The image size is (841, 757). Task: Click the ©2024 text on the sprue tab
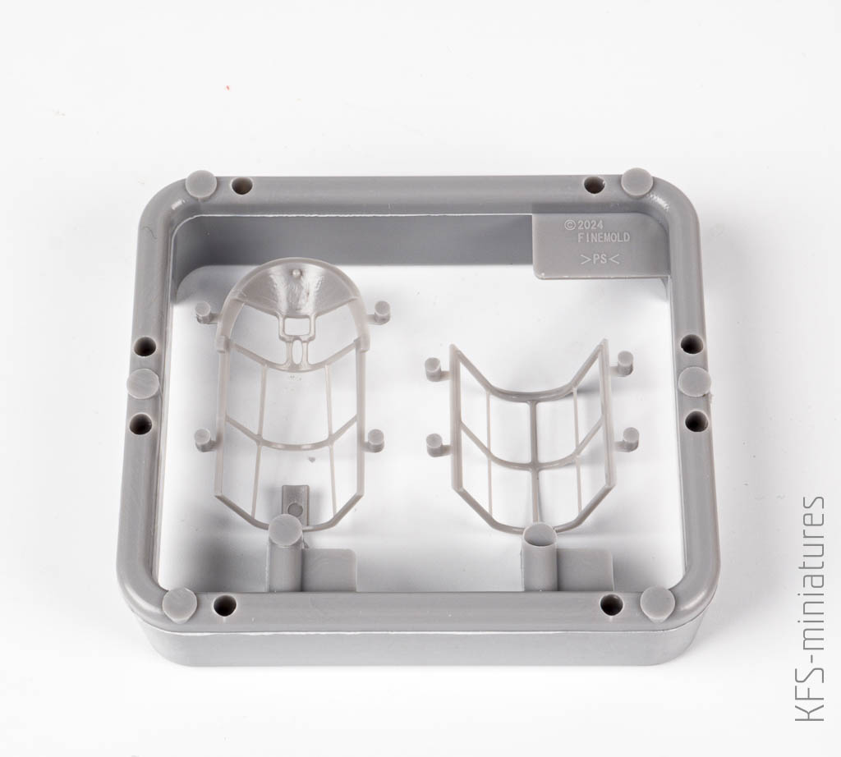tap(584, 225)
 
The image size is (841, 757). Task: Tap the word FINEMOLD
tap(604, 238)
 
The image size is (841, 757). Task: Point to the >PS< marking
tap(600, 260)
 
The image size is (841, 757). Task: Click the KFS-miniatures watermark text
tap(811, 608)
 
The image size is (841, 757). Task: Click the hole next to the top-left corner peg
tap(241, 186)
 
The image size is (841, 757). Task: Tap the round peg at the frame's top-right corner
tap(636, 182)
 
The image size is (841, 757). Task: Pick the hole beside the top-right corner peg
tap(593, 185)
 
